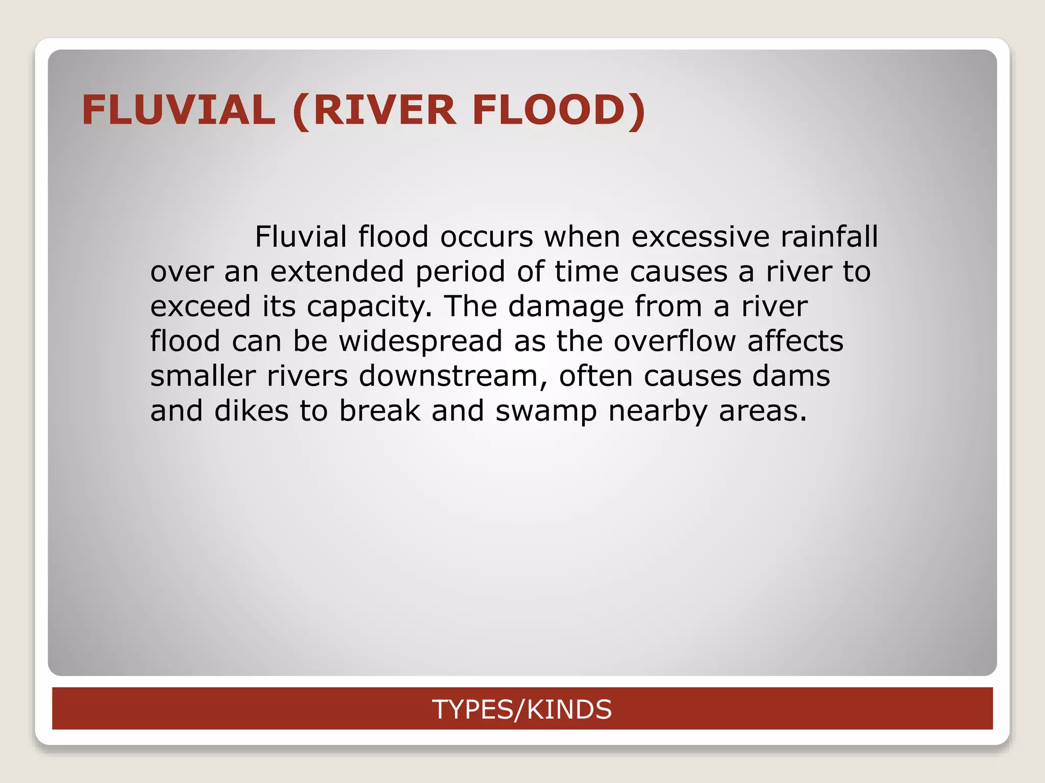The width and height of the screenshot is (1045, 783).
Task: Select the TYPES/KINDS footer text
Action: (521, 709)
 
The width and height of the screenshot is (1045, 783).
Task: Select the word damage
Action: (566, 306)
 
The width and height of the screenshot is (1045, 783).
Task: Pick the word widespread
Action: (420, 342)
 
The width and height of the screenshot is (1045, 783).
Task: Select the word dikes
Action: (251, 411)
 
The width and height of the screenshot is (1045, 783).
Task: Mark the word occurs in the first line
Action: (486, 237)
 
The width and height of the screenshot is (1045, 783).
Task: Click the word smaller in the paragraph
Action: (203, 376)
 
